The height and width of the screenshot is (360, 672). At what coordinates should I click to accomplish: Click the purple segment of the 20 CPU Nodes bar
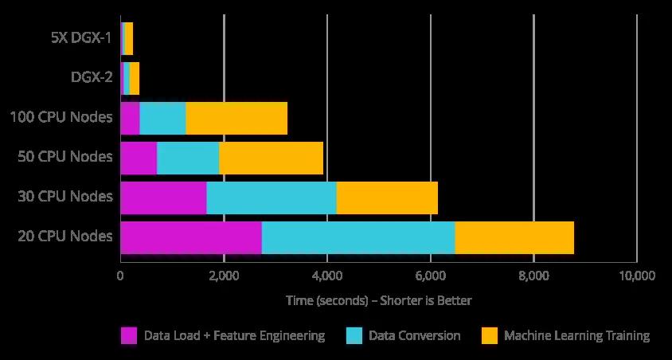[x=191, y=237]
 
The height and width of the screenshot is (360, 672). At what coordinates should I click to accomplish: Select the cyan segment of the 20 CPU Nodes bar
[x=358, y=237]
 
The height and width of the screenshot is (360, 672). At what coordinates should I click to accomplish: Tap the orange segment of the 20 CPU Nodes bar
[x=514, y=237]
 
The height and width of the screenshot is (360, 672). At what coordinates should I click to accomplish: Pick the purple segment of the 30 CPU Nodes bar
[x=163, y=198]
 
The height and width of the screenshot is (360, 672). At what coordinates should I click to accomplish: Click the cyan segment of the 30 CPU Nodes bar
[x=272, y=198]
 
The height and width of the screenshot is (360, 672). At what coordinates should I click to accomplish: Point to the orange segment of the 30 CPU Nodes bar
[x=387, y=198]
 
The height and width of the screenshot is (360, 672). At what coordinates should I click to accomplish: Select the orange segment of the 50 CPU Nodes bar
[x=271, y=158]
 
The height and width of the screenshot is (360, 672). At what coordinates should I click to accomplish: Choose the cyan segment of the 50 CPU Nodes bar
[x=188, y=158]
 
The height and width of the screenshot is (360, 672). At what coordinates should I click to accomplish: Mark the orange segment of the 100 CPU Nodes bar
[x=236, y=119]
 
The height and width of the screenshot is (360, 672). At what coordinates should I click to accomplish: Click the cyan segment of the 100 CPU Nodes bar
[x=163, y=119]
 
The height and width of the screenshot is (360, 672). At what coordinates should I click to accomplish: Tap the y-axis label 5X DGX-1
[x=80, y=38]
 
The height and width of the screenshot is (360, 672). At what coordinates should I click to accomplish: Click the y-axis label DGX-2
[x=92, y=78]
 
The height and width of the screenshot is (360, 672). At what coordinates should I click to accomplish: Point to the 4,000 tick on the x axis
[x=326, y=276]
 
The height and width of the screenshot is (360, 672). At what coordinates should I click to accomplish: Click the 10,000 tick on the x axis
[x=635, y=276]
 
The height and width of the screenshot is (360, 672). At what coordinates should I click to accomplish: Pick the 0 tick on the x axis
[x=120, y=276]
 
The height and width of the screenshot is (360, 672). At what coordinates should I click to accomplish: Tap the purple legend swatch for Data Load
[x=129, y=335]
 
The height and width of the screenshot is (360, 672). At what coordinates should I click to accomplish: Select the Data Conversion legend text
[x=415, y=335]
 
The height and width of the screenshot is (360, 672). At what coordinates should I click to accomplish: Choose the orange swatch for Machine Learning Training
[x=490, y=335]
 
